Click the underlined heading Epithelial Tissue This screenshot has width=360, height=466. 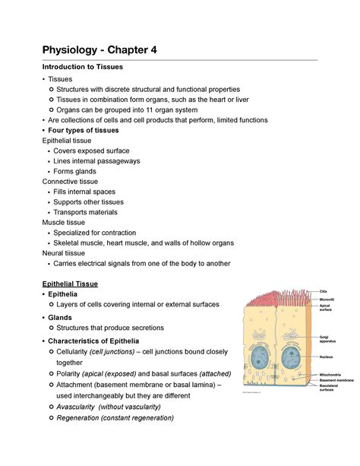click(75, 284)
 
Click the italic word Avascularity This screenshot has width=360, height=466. click(84, 407)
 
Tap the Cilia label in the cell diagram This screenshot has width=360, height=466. click(324, 291)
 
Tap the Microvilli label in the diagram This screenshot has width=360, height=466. click(327, 300)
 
